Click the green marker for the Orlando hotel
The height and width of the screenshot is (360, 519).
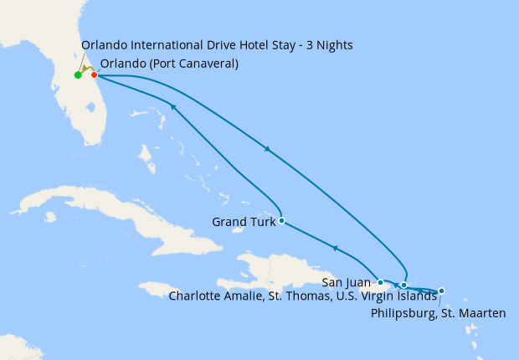click(78, 75)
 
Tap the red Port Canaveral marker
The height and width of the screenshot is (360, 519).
click(95, 75)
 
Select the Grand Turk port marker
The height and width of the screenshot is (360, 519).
click(281, 221)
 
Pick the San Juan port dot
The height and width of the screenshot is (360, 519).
click(381, 283)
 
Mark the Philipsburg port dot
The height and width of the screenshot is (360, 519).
click(441, 291)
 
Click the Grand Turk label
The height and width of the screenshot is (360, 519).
click(244, 222)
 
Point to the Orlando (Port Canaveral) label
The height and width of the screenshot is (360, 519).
click(168, 64)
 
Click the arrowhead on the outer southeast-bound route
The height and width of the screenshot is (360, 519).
click(267, 149)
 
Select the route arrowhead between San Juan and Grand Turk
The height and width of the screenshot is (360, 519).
click(335, 248)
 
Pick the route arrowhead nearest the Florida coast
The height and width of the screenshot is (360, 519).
click(172, 106)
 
